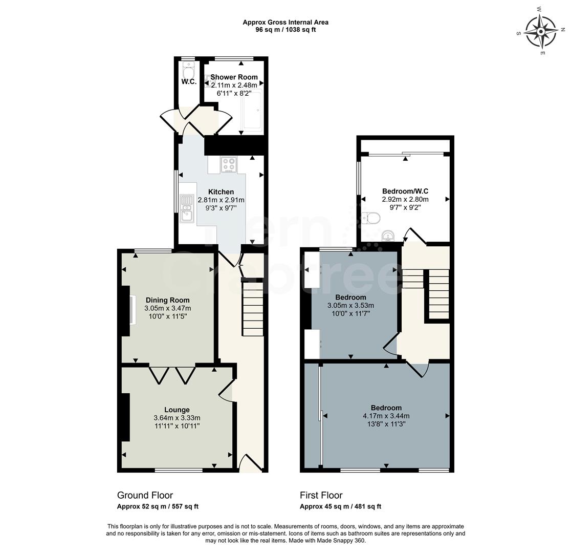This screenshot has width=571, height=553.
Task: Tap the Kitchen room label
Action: coord(221,192)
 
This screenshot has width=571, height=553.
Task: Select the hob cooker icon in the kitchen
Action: coord(229,164)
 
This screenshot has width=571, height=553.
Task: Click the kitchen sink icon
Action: coord(187,208)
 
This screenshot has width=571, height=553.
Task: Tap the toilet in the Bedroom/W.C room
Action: coord(371,219)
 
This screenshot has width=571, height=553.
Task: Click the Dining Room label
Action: coord(167,300)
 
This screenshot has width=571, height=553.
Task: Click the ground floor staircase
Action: coord(252,308)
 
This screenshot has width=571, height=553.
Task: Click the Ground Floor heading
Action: coord(145,495)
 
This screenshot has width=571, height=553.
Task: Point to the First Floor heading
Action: coord(321,495)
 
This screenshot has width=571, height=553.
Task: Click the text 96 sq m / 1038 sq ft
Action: coord(285,30)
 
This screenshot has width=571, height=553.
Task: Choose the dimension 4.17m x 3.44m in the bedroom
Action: coord(386,416)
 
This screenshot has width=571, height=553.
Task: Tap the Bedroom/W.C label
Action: coord(405,192)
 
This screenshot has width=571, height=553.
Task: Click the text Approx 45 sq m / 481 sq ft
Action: coord(340,506)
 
